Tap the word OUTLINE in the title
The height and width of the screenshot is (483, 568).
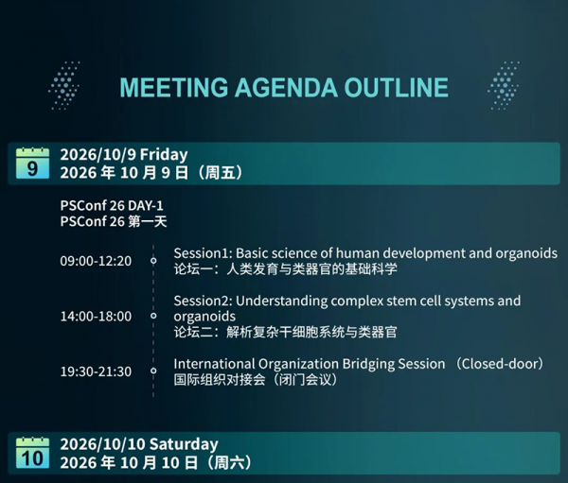pyautogui.click(x=397, y=88)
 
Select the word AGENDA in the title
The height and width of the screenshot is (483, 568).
pyautogui.click(x=286, y=88)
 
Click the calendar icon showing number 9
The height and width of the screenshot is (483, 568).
pyautogui.click(x=32, y=164)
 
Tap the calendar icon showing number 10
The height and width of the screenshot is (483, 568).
pyautogui.click(x=32, y=453)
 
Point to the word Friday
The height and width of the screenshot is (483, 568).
pyautogui.click(x=164, y=155)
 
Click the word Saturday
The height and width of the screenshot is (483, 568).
pyautogui.click(x=184, y=444)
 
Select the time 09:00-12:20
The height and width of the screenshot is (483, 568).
pyautogui.click(x=96, y=261)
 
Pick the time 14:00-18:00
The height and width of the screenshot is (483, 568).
pyautogui.click(x=96, y=317)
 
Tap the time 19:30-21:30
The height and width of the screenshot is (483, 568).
pyautogui.click(x=96, y=371)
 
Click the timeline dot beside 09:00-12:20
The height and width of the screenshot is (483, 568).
pyautogui.click(x=153, y=261)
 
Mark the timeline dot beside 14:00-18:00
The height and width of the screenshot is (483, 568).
pyautogui.click(x=153, y=316)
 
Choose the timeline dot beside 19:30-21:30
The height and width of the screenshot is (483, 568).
pyautogui.click(x=153, y=371)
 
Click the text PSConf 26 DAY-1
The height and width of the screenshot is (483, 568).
pyautogui.click(x=112, y=205)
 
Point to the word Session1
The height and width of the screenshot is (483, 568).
pyautogui.click(x=202, y=253)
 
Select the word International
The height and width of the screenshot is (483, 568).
pyautogui.click(x=214, y=364)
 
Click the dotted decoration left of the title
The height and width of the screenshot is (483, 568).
pyautogui.click(x=64, y=86)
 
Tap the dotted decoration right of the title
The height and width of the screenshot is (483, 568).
pyautogui.click(x=504, y=86)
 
